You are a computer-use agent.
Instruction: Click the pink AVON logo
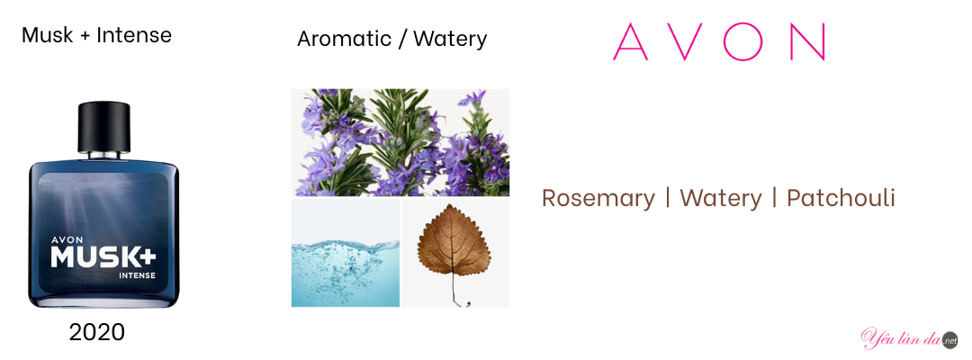(x=719, y=41)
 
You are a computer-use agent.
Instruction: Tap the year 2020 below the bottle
(x=96, y=333)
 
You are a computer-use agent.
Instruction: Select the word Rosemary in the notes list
(x=598, y=199)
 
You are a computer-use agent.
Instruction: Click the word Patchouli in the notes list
(x=841, y=198)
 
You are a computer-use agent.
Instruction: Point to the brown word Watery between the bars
(x=720, y=199)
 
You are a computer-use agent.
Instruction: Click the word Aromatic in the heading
(x=344, y=39)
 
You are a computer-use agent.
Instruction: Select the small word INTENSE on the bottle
(x=138, y=274)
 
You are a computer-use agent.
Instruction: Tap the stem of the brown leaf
(x=456, y=292)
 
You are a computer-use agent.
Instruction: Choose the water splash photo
(x=346, y=252)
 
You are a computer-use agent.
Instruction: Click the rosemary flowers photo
(x=400, y=142)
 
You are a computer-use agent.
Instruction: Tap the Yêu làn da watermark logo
(x=909, y=338)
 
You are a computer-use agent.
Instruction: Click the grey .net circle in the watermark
(x=949, y=340)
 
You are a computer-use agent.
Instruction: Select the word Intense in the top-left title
(x=134, y=35)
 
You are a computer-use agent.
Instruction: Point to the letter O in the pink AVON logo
(x=740, y=41)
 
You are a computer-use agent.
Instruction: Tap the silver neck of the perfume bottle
(x=103, y=154)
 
